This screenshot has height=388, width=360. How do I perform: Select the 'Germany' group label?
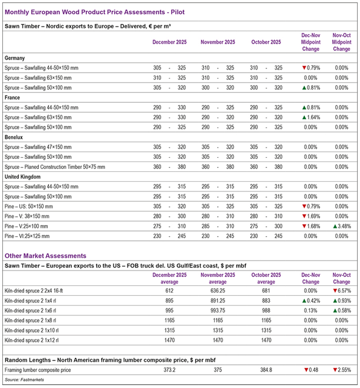tap(15, 58)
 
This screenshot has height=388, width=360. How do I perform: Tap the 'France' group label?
tap(12, 97)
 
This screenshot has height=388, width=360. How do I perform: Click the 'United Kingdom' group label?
tap(22, 177)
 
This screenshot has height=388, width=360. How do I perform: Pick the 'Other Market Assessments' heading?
tap(45, 256)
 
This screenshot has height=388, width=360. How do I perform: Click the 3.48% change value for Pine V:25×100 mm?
tap(342, 226)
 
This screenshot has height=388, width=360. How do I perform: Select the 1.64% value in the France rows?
tap(309, 118)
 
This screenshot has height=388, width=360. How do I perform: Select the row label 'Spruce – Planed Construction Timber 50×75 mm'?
tap(55, 167)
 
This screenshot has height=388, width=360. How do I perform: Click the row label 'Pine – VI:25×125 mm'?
tap(28, 236)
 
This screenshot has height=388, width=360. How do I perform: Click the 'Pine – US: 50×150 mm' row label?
tap(30, 206)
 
